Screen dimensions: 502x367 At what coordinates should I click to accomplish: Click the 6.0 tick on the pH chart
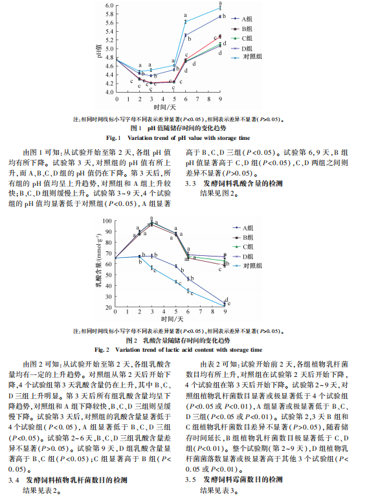(109, 5)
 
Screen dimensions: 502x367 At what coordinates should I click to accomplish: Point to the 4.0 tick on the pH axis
(109, 92)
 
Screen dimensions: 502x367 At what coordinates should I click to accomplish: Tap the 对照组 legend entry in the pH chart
(252, 58)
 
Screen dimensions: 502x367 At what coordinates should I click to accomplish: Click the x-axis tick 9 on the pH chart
(220, 98)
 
